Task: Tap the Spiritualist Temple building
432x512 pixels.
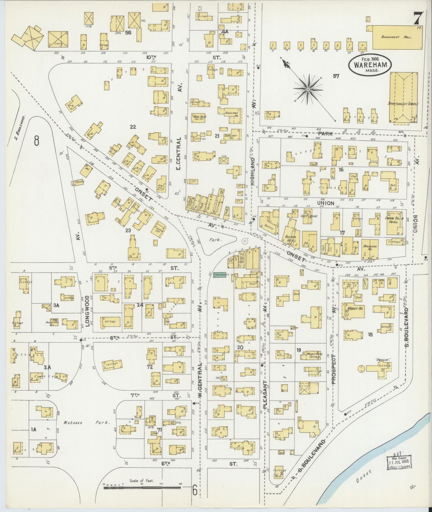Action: pos(403,97)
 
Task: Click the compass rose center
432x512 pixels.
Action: pos(308,89)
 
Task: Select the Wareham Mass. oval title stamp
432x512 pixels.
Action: pos(370,63)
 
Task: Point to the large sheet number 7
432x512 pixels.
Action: pos(418,19)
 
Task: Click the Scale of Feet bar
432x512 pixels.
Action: pos(142,487)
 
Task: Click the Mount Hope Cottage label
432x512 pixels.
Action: pos(314,355)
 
